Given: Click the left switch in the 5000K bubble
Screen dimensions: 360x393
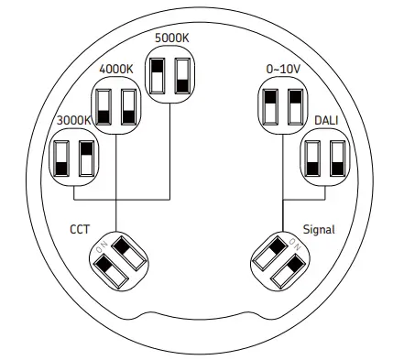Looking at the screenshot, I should (158, 77).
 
